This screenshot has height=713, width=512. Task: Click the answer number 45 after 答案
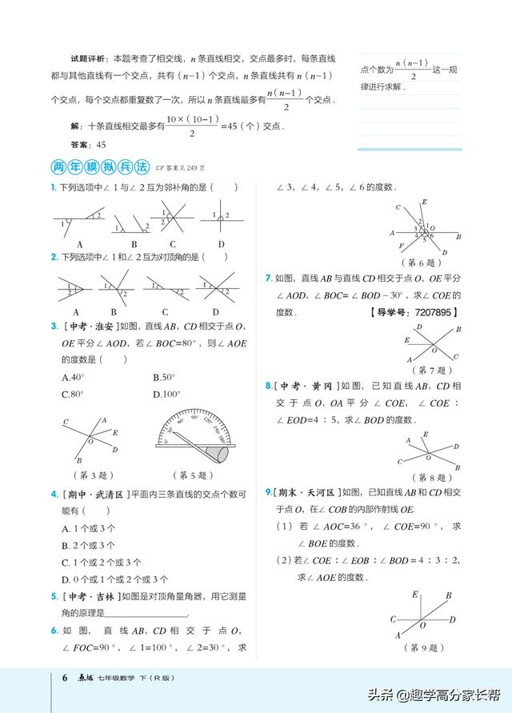point(101,145)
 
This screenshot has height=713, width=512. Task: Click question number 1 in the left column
point(53,188)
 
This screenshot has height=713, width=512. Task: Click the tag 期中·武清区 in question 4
point(88,495)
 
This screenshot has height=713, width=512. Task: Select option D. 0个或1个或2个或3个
point(114,579)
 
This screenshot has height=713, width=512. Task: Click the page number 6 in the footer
point(66,679)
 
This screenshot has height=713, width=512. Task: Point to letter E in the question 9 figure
point(415,594)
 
